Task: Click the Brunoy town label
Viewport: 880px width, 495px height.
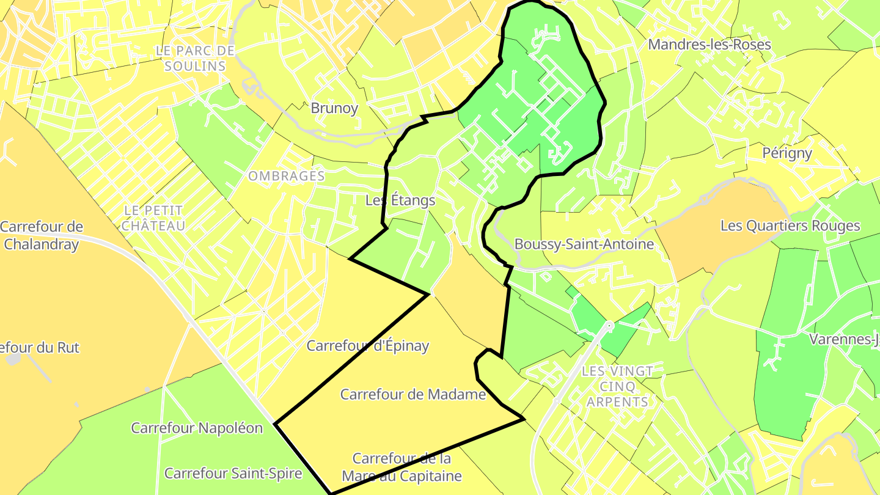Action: click(x=334, y=108)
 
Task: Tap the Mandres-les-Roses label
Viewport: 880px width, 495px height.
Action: click(x=709, y=45)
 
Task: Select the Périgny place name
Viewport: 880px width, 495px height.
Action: click(x=787, y=153)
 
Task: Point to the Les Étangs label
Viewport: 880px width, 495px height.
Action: click(x=400, y=200)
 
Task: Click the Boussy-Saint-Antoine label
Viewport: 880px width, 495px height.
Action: click(x=584, y=244)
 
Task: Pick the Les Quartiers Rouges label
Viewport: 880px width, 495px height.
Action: click(x=790, y=226)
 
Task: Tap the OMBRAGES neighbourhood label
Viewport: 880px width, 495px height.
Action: click(x=286, y=176)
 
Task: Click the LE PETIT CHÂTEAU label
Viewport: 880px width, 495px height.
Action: click(x=153, y=218)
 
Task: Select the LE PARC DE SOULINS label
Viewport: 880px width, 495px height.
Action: click(x=195, y=58)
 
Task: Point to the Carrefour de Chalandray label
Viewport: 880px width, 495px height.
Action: click(x=41, y=235)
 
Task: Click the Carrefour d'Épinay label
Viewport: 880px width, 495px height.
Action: click(x=367, y=346)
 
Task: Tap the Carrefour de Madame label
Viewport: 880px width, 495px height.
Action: click(x=413, y=394)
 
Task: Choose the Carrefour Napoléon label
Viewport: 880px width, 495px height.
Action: click(x=197, y=428)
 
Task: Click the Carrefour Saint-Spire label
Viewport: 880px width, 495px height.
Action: click(x=233, y=474)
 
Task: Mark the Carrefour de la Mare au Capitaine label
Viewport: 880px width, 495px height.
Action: click(x=402, y=467)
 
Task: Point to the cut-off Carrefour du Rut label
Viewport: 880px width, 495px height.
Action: click(x=40, y=348)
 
